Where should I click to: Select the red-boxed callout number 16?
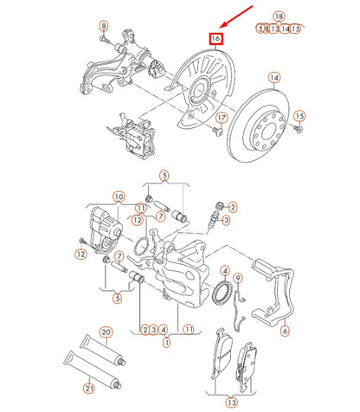215,38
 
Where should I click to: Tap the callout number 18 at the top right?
279,16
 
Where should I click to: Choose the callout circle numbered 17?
222,118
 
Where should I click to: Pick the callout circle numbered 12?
80,254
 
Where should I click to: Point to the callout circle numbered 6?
285,330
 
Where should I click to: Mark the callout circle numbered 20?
106,332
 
